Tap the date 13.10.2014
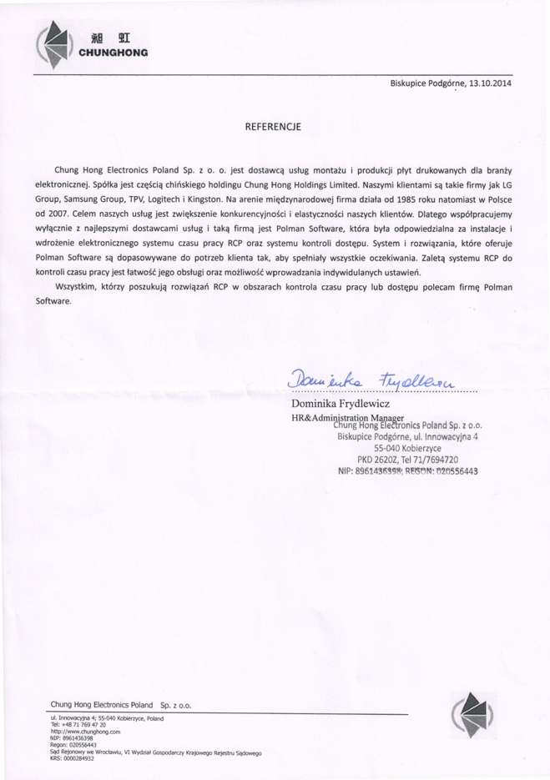tap(488, 84)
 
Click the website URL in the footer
tap(91, 732)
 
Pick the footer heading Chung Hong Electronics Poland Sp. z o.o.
tap(120, 705)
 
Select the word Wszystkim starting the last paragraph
tap(76, 286)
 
